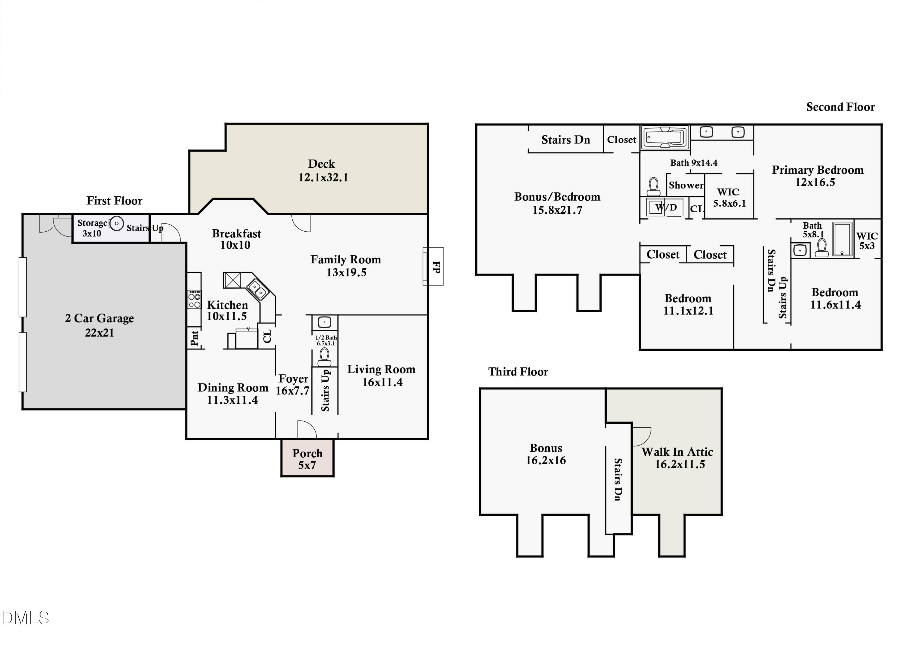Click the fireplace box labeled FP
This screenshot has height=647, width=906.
(433, 266)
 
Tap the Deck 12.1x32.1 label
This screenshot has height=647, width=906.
(323, 171)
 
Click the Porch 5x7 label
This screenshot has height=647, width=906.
(307, 459)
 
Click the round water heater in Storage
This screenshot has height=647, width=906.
(116, 224)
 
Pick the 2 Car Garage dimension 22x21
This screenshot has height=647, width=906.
(100, 332)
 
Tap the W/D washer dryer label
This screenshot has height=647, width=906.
(666, 207)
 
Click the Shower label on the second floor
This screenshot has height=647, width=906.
(686, 185)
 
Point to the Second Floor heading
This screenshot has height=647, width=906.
(840, 107)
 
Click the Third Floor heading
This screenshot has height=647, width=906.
(518, 372)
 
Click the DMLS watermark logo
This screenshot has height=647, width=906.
(25, 618)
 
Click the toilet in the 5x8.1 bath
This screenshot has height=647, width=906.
(821, 248)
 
